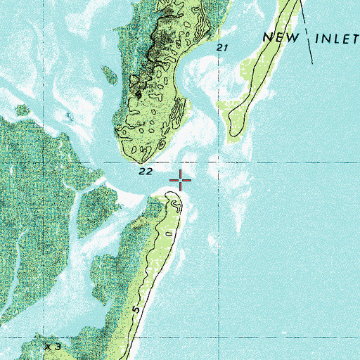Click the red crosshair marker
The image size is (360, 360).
coord(181,181)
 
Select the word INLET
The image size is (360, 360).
coord(336,39)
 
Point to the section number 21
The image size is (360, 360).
coord(224,47)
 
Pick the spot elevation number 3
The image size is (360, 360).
coord(58,347)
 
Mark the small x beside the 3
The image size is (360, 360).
coord(47,347)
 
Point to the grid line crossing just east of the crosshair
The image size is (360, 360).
coord(220,162)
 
